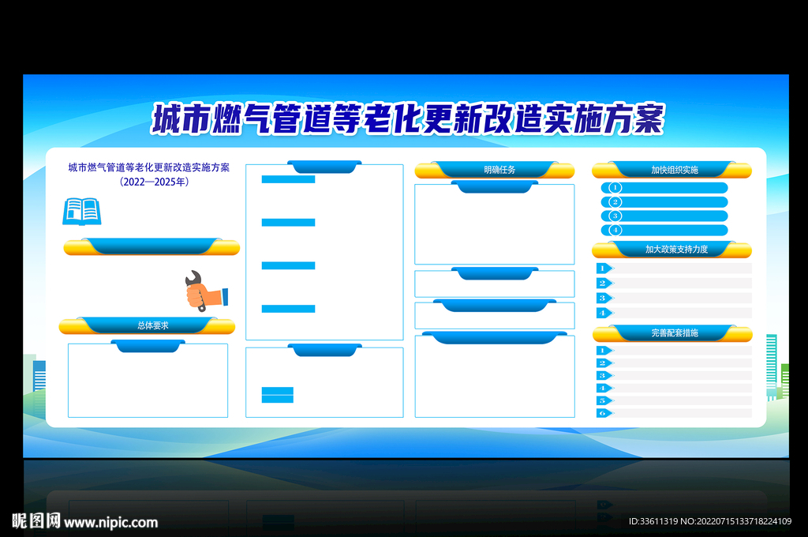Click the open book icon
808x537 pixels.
pyautogui.click(x=82, y=212)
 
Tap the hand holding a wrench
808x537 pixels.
pyautogui.click(x=206, y=291)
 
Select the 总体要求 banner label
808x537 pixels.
pyautogui.click(x=153, y=325)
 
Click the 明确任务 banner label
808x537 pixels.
pyautogui.click(x=499, y=170)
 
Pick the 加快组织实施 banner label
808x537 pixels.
pyautogui.click(x=675, y=170)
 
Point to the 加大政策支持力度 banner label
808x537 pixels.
pyautogui.click(x=676, y=250)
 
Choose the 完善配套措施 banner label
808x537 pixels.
pyautogui.click(x=675, y=332)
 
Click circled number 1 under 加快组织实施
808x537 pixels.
pyautogui.click(x=615, y=188)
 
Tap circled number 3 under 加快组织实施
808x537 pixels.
pyautogui.click(x=615, y=216)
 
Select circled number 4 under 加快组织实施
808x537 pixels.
pyautogui.click(x=615, y=230)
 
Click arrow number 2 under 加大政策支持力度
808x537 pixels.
pyautogui.click(x=604, y=284)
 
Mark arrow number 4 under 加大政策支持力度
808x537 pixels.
pyautogui.click(x=604, y=313)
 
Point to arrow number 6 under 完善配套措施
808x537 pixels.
pyautogui.click(x=604, y=413)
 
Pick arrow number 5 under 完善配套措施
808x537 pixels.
pyautogui.click(x=604, y=401)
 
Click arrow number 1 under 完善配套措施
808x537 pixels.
pyautogui.click(x=604, y=351)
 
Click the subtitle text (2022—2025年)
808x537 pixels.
pyautogui.click(x=154, y=182)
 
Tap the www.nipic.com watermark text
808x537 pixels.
pyautogui.click(x=110, y=523)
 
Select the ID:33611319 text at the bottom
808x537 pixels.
pyautogui.click(x=653, y=521)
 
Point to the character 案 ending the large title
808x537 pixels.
pyautogui.click(x=649, y=118)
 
